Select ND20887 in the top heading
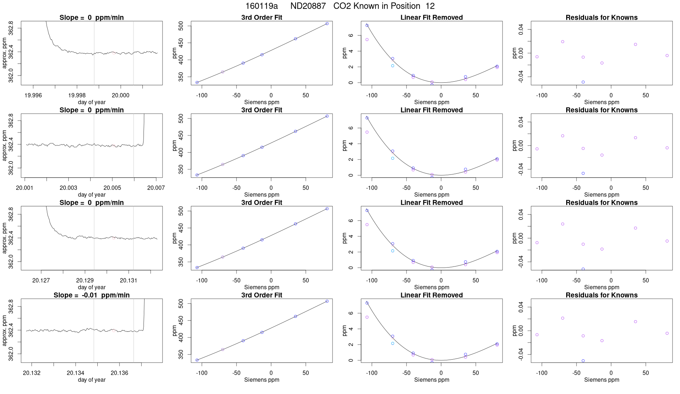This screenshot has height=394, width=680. point(308,6)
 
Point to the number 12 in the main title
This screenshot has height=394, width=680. point(430,6)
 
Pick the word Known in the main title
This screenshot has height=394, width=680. point(370,6)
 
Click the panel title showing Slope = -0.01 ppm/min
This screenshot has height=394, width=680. point(92,295)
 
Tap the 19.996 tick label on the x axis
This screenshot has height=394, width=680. point(33,95)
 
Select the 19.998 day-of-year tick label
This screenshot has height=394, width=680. point(77,95)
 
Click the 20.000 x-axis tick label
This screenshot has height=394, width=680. point(121,95)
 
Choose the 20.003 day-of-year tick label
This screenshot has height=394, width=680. point(68,188)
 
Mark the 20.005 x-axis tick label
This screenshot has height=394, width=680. point(112,188)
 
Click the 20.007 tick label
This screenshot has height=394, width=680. point(156,188)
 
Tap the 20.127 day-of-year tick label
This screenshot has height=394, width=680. point(41,280)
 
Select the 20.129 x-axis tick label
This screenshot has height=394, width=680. point(85,280)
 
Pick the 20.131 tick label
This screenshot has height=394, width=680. point(128,280)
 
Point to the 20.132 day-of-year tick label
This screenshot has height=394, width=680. point(32,373)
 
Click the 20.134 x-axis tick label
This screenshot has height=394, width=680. point(76,373)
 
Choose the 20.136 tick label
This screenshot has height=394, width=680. point(120,373)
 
